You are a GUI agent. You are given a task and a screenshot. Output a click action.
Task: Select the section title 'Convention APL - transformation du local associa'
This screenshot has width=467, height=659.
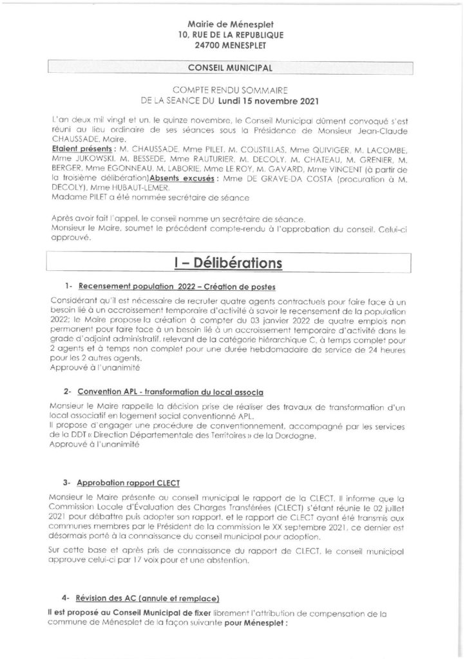pos(170,392)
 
